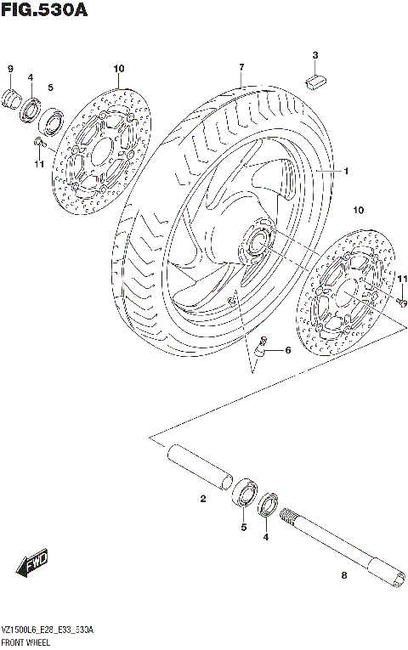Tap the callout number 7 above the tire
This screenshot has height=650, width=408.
point(241,67)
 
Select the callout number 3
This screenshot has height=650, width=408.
point(314,56)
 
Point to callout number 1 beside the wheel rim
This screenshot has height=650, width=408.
point(346,170)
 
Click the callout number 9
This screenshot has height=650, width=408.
point(11,68)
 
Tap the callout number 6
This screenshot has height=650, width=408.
point(287,349)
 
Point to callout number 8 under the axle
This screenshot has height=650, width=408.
point(344,577)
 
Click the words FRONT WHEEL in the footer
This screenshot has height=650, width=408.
point(26,642)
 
